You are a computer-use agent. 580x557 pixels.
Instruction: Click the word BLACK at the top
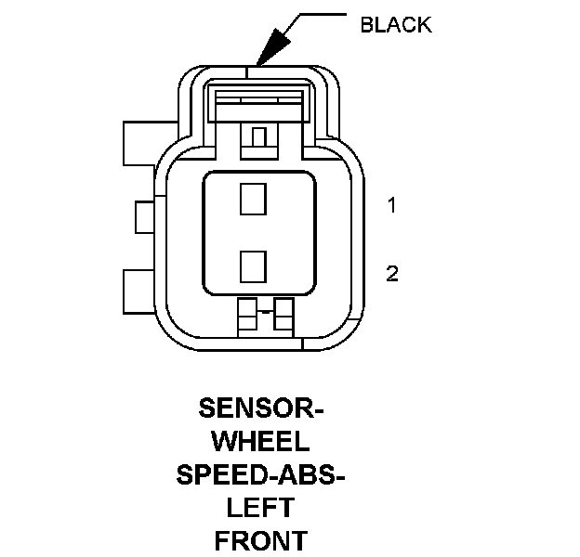click(395, 25)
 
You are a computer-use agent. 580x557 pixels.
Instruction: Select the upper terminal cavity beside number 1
click(253, 200)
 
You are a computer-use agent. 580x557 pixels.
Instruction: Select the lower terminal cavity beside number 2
click(253, 266)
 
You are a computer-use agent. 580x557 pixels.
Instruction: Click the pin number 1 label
click(392, 205)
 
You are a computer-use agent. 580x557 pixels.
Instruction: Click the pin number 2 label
click(392, 273)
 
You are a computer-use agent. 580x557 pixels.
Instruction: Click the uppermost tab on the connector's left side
click(141, 142)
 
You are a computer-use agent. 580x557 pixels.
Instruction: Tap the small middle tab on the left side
click(146, 217)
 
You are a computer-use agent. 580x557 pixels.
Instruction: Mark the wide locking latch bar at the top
click(259, 102)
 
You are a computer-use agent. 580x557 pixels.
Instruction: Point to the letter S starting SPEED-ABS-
click(185, 474)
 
